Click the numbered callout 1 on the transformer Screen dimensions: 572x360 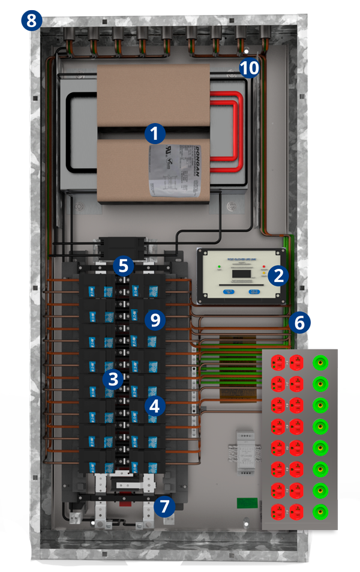click(x=155, y=133)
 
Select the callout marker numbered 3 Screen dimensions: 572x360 click(x=113, y=379)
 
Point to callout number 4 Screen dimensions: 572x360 click(x=155, y=406)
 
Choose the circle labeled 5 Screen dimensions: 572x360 click(x=123, y=265)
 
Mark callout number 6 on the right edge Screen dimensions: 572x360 click(x=299, y=322)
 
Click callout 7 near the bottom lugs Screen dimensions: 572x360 click(x=164, y=506)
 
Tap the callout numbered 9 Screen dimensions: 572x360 click(x=155, y=319)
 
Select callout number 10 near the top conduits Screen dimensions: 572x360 click(x=250, y=68)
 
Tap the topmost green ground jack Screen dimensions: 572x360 click(x=319, y=363)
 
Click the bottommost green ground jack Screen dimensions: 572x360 click(x=319, y=513)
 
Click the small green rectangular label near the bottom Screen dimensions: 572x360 click(x=245, y=502)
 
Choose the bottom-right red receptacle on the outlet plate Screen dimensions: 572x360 click(x=296, y=513)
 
